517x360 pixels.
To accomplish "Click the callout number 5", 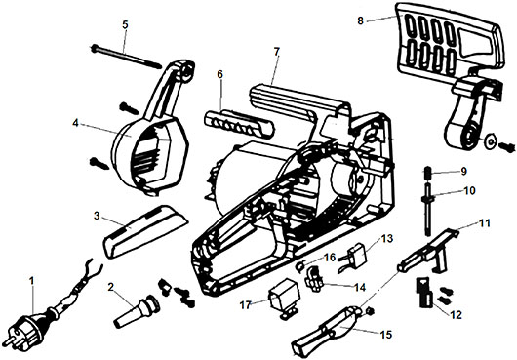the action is coord(125,25).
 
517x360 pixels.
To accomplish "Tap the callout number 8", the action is coord(360,20).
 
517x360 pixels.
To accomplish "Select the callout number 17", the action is coord(246,305).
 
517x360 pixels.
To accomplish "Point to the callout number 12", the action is coord(456,315).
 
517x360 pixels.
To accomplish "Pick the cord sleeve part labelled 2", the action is coord(138,309).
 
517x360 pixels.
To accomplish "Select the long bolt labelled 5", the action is coord(126,57).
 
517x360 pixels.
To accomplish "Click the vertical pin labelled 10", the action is coord(427,210).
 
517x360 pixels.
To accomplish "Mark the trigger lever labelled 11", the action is coord(428,252).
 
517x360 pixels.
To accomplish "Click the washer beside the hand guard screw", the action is coord(491,141).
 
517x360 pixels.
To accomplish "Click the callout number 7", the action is coord(277,52).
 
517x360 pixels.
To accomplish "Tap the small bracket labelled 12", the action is coord(425,293).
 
